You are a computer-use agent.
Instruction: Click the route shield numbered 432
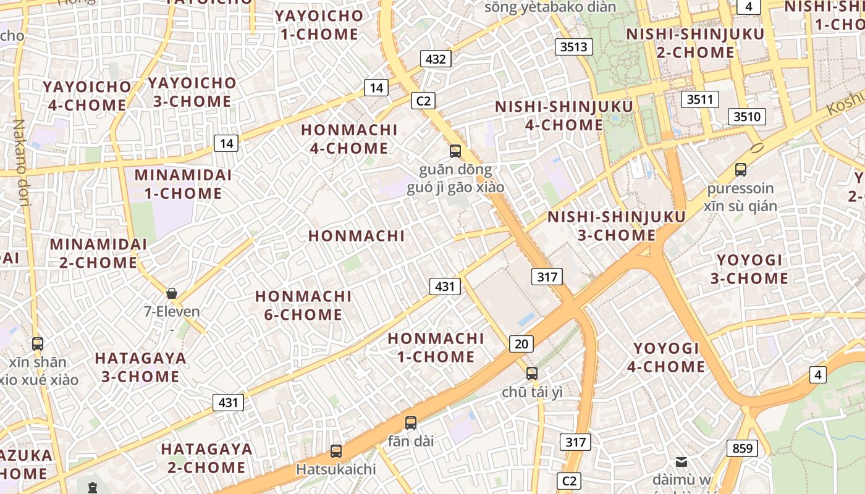pos(436,59)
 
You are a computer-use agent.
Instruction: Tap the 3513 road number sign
pos(574,47)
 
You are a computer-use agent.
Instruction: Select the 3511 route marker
pos(699,99)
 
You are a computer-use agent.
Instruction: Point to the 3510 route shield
pos(746,117)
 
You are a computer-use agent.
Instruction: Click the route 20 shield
pos(521,344)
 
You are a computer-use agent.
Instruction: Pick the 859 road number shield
pos(742,448)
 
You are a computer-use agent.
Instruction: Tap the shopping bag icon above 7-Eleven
pos(172,293)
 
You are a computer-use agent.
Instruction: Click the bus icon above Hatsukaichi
pos(336,451)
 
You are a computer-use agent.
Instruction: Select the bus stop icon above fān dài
pos(411,423)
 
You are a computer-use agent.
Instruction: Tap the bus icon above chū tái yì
pos(532,373)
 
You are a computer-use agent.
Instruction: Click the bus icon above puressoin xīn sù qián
pos(741,169)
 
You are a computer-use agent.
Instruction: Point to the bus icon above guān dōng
pos(455,151)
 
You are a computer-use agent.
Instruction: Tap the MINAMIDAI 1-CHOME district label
pos(183,184)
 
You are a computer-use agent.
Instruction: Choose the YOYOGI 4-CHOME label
pos(666,358)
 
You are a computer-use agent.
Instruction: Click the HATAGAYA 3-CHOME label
pos(140,367)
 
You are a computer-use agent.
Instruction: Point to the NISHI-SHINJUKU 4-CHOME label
pos(563,116)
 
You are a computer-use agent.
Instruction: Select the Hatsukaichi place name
pos(335,469)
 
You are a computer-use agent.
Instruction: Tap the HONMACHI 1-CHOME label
pos(436,348)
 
